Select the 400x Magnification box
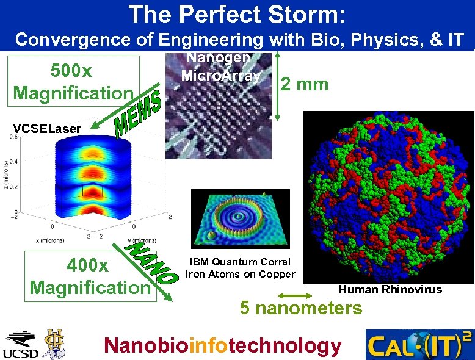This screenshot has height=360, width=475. (x=90, y=276)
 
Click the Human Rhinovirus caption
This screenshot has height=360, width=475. (x=390, y=289)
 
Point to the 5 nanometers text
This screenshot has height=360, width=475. (x=300, y=308)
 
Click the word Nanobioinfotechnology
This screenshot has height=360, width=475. (x=223, y=345)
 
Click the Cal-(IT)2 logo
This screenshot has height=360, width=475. (x=419, y=345)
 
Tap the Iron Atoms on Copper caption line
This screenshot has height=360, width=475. (x=240, y=274)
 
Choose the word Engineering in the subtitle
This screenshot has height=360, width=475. (x=211, y=40)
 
